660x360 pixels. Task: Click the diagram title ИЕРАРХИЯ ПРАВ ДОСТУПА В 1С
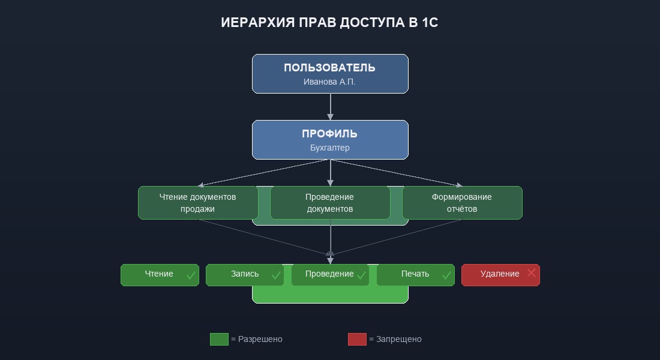tap(330, 23)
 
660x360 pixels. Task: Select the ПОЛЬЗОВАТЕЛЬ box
tap(330, 74)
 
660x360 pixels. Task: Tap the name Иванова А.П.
tap(330, 82)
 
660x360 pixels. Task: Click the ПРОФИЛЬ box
tap(330, 139)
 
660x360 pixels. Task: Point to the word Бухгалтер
tap(330, 148)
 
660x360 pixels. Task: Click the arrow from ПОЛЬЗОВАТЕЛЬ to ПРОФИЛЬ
tap(330, 107)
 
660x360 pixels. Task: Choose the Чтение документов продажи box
tap(198, 203)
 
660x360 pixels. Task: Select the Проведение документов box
tap(330, 203)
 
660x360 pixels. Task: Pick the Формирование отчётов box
tap(462, 203)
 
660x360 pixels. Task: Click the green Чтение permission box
tap(160, 275)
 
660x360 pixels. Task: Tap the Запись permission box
tap(245, 275)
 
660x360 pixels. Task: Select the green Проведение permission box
tap(330, 275)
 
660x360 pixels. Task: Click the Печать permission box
tap(415, 275)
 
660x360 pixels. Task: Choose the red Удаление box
tap(500, 275)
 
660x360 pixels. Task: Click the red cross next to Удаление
tap(531, 273)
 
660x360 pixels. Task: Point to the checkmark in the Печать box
tap(446, 275)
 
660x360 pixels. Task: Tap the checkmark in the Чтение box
tap(191, 275)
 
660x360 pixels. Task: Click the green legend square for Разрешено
tap(219, 339)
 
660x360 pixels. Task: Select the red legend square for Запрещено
tap(357, 339)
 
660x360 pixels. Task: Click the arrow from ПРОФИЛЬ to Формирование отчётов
tap(396, 173)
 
